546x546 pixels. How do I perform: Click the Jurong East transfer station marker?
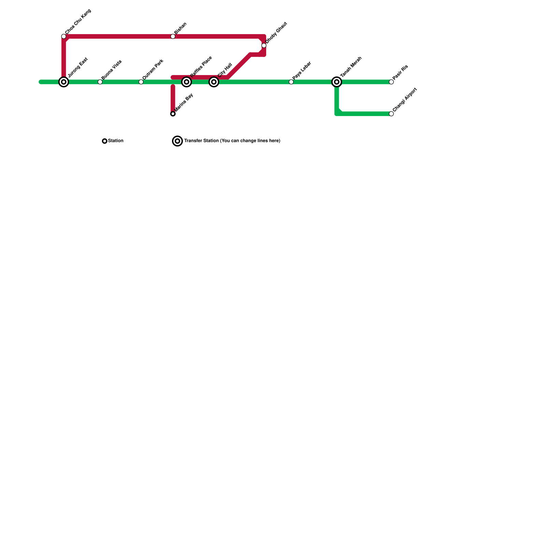tap(64, 82)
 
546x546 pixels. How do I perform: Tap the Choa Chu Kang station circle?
tap(64, 37)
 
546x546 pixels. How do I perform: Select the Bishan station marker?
tap(173, 37)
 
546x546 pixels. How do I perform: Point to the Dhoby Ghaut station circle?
tap(264, 46)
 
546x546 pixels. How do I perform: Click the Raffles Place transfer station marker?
tap(186, 82)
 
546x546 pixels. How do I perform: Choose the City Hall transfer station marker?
tap(214, 82)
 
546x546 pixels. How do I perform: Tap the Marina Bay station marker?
tap(173, 114)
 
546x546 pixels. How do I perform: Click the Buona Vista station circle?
tap(100, 82)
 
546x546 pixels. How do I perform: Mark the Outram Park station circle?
tap(141, 82)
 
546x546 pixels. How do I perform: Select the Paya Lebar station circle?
tap(291, 82)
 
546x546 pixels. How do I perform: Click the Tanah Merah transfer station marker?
tap(337, 82)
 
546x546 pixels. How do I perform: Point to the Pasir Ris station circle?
tap(391, 82)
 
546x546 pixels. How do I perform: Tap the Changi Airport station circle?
tap(391, 114)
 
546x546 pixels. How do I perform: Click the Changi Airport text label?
tap(405, 100)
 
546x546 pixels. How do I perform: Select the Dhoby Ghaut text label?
tap(276, 33)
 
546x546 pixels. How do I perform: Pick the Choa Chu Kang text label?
tap(78, 22)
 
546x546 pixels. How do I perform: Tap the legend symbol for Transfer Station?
tap(177, 141)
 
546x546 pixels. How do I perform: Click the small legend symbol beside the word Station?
tap(105, 141)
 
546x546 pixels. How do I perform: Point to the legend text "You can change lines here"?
tap(250, 141)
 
